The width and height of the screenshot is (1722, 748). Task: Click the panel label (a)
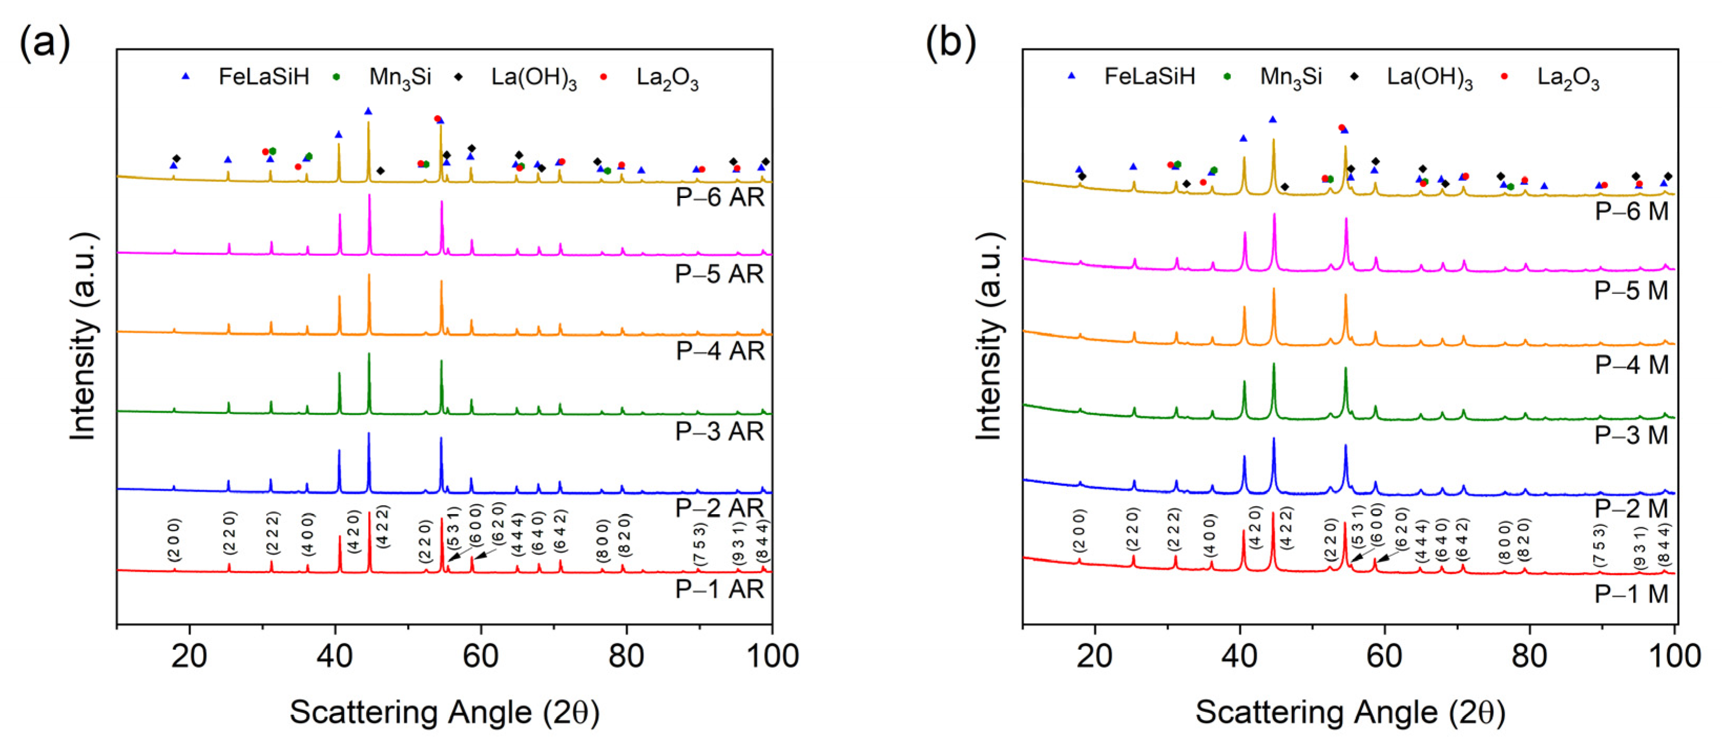tap(45, 44)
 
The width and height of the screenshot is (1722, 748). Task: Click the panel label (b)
tap(951, 44)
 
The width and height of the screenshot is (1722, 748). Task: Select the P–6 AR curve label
tap(719, 197)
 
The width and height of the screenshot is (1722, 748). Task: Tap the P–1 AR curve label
tap(719, 589)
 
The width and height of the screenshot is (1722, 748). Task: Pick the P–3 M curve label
tap(1631, 435)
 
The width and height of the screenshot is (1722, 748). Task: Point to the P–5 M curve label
tap(1631, 291)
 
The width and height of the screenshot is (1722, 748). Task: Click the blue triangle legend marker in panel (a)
tap(186, 76)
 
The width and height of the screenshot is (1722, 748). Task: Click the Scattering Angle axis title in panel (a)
tap(444, 713)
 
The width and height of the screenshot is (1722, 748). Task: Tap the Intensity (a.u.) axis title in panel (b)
tap(989, 336)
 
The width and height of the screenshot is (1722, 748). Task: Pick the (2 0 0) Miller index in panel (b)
tap(1080, 531)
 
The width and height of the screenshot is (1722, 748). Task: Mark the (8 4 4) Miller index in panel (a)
tap(762, 541)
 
